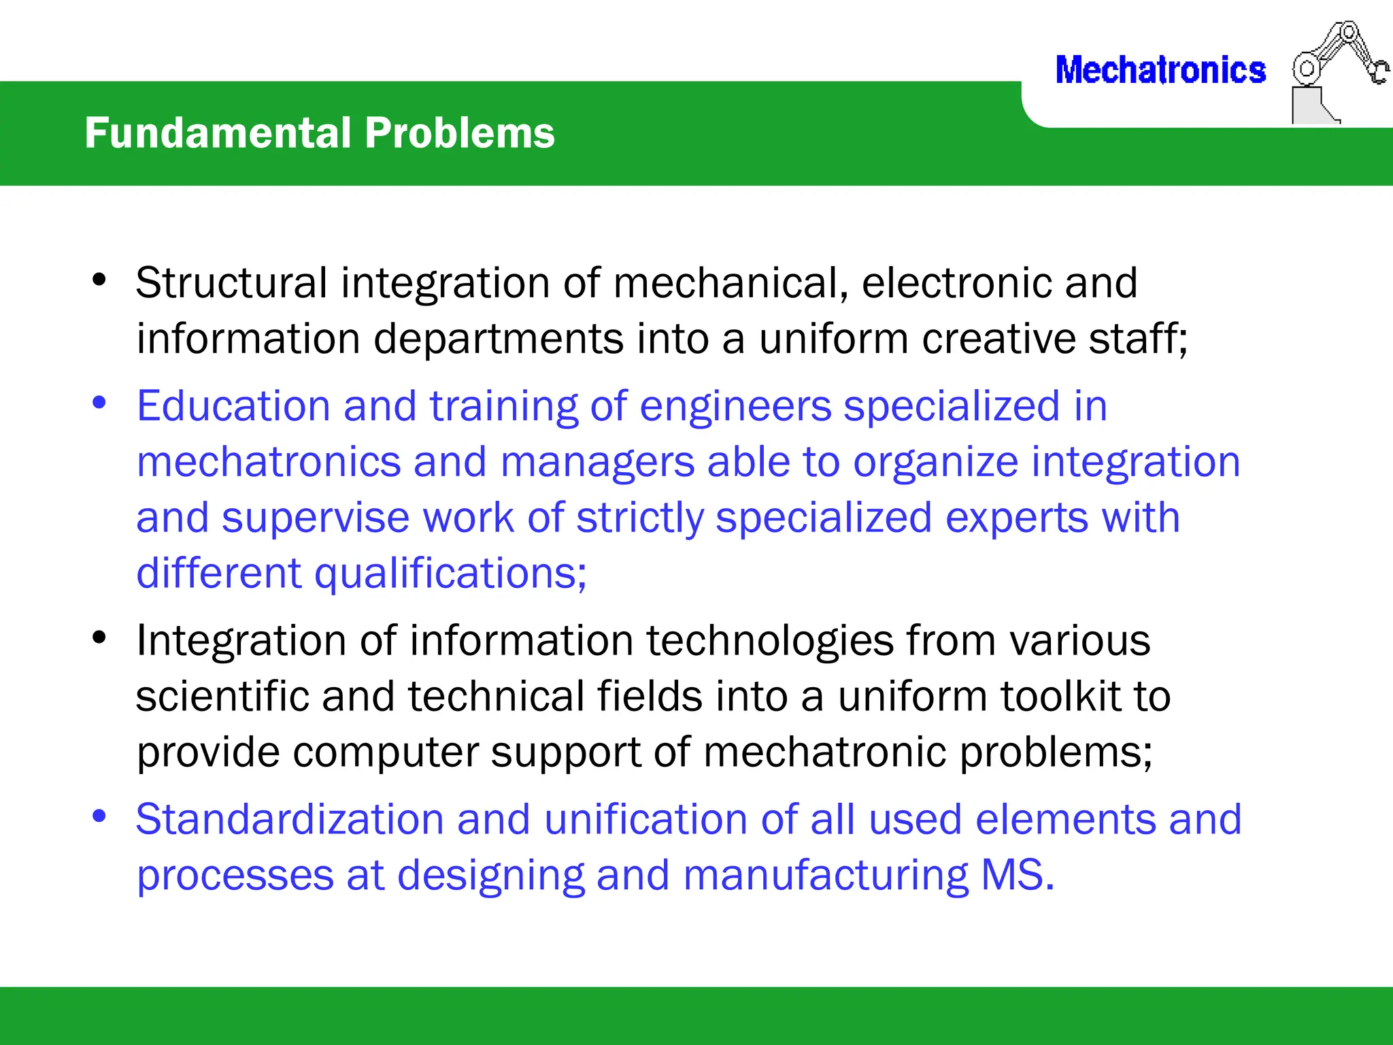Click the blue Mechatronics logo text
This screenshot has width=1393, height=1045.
pos(1160,71)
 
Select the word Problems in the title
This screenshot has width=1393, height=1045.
pos(460,133)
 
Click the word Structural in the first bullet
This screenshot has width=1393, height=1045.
pos(231,282)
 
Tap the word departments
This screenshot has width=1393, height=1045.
pos(499,339)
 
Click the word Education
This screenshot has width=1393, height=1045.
pos(233,406)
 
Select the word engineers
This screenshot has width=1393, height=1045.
pos(735,408)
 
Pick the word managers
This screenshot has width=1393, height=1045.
pos(597,463)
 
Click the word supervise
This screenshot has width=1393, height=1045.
pos(316,519)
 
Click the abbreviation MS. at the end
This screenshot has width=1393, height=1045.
pos(1018,875)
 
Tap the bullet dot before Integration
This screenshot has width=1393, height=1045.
pos(99,637)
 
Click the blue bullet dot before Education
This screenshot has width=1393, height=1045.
pos(99,403)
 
